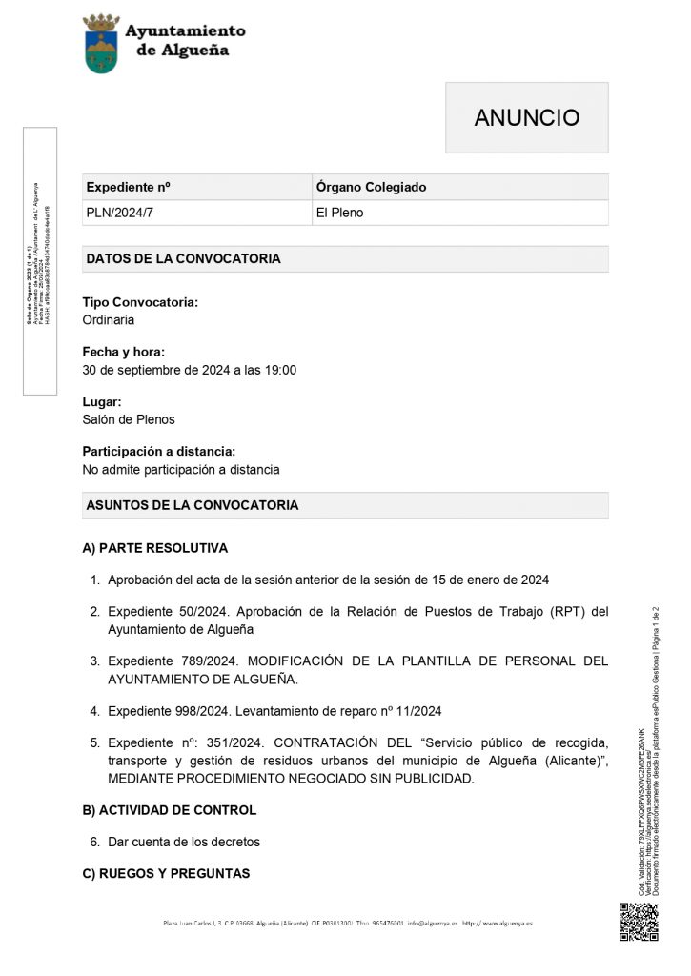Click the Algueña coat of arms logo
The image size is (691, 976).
[101, 43]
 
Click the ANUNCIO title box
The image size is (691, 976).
[526, 117]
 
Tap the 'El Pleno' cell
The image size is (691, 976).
[339, 213]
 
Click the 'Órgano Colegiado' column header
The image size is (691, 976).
[371, 187]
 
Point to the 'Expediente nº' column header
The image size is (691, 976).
[128, 187]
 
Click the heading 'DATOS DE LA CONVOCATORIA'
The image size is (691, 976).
[183, 258]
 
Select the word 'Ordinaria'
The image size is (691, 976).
[109, 319]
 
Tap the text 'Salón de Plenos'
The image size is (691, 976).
[129, 419]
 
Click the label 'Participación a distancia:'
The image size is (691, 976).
[159, 451]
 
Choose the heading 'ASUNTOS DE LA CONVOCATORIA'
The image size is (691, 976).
[192, 505]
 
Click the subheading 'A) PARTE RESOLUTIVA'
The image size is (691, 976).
[155, 549]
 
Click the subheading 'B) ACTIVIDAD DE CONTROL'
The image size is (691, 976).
[170, 810]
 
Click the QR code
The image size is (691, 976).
[639, 922]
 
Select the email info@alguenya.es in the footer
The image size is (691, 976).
[433, 924]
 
